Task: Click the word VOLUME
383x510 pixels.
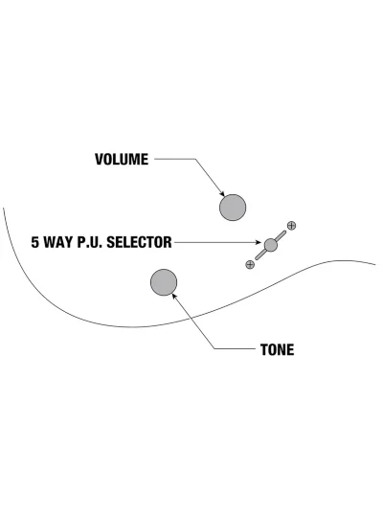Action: pyautogui.click(x=122, y=160)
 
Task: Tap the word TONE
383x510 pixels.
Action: pyautogui.click(x=278, y=349)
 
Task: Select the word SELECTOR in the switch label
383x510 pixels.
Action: pyautogui.click(x=139, y=242)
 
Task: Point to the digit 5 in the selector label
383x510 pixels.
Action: pyautogui.click(x=34, y=242)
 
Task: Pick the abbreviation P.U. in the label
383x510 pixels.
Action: pyautogui.click(x=90, y=242)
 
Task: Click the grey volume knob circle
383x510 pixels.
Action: pyautogui.click(x=233, y=208)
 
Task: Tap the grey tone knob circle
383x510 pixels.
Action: pyautogui.click(x=164, y=282)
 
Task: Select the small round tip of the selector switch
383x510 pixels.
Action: pyautogui.click(x=271, y=245)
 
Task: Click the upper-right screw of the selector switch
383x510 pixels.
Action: pyautogui.click(x=292, y=226)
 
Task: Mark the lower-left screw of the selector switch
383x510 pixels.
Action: pyautogui.click(x=250, y=264)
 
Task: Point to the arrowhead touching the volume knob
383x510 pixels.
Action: pyautogui.click(x=222, y=194)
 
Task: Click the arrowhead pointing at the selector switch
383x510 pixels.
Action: pyautogui.click(x=259, y=242)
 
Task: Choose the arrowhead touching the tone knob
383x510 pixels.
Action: pyautogui.click(x=174, y=296)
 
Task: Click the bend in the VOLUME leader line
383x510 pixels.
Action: pyautogui.click(x=195, y=159)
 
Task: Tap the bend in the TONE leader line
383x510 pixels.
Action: pyautogui.click(x=215, y=349)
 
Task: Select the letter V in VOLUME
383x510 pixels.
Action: pyautogui.click(x=99, y=160)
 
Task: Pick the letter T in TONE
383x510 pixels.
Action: pyautogui.click(x=264, y=349)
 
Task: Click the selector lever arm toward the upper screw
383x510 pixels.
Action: pyautogui.click(x=282, y=235)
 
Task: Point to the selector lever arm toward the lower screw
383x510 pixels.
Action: pyautogui.click(x=260, y=255)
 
